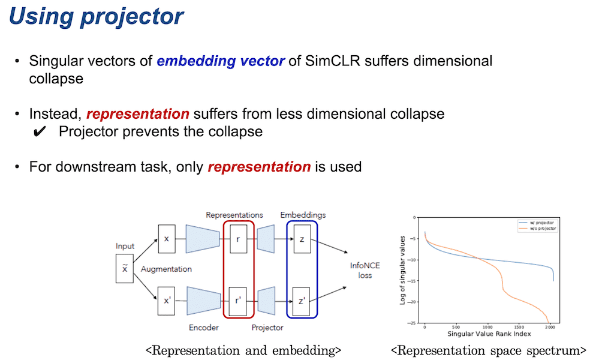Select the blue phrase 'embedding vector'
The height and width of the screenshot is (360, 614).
(221, 61)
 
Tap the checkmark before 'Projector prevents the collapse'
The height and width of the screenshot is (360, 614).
(40, 132)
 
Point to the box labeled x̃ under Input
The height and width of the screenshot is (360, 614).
(125, 268)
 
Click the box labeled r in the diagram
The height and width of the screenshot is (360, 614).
(238, 239)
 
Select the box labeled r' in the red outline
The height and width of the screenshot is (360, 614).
(238, 301)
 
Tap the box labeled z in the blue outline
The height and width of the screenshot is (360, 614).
(302, 239)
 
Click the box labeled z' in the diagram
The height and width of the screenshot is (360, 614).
(302, 301)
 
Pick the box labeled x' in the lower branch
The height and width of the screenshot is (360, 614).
(167, 301)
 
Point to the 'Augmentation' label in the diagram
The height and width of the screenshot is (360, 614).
(166, 269)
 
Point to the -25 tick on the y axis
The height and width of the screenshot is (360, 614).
(413, 323)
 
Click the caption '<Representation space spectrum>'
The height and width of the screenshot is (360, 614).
(488, 350)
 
